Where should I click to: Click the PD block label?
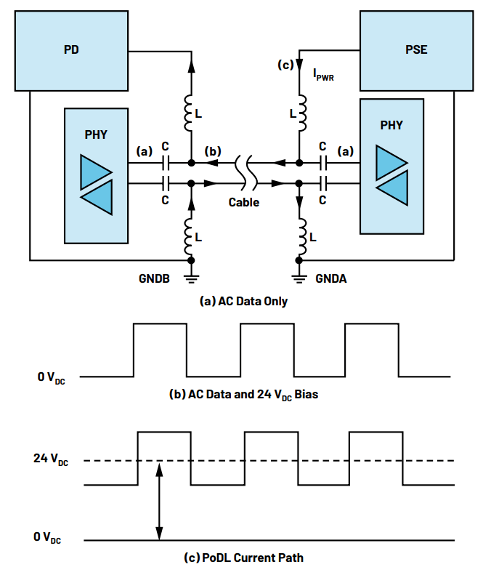click(x=71, y=49)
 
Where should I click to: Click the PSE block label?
click(x=416, y=49)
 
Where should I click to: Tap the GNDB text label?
click(x=154, y=278)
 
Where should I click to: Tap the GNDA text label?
click(x=331, y=278)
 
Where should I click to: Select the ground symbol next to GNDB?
click(x=192, y=279)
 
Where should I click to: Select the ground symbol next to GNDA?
click(x=299, y=279)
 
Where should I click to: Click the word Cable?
click(x=244, y=202)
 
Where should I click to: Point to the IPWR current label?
click(x=323, y=75)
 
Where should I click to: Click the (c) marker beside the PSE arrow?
click(x=285, y=65)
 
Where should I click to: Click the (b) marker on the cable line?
click(x=213, y=151)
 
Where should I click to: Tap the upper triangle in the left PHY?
click(x=96, y=172)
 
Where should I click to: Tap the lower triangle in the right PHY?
click(x=392, y=188)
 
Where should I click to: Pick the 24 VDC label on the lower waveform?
click(x=51, y=459)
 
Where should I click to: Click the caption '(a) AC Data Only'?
click(x=243, y=301)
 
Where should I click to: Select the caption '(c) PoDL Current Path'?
click(x=243, y=558)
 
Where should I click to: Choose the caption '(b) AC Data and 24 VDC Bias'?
click(x=243, y=395)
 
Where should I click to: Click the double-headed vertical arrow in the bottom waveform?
click(x=159, y=501)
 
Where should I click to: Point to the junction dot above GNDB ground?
click(x=192, y=260)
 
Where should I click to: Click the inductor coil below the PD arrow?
click(x=189, y=113)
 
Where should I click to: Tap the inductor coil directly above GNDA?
click(x=302, y=236)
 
